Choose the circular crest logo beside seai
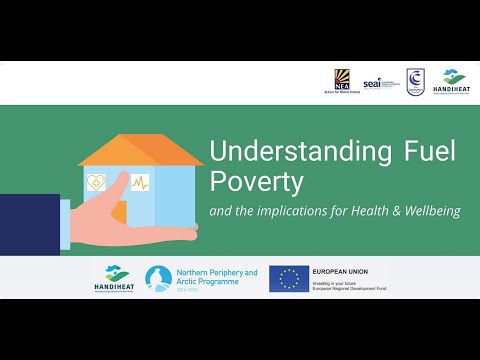414,81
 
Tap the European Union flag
288,278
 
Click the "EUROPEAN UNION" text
341,271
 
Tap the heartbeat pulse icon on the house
140,183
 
